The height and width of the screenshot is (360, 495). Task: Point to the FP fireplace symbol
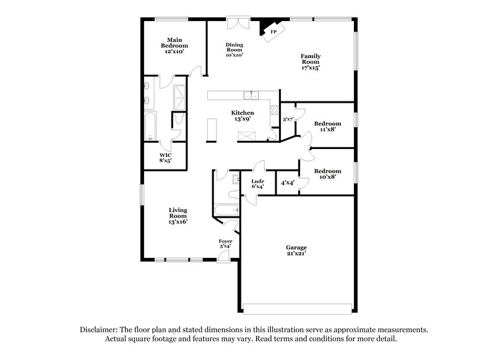(273, 32)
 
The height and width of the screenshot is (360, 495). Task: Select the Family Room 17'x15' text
(310, 61)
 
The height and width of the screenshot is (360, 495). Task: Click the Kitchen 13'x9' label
(243, 116)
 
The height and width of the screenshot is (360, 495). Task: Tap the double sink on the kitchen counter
(251, 95)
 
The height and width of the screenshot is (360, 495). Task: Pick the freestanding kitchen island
(212, 129)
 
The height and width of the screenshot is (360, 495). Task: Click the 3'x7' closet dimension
(287, 119)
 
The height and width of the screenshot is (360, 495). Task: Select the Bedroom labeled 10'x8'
(327, 174)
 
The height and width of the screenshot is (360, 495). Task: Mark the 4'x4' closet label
(287, 183)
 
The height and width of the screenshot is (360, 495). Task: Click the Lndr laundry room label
(257, 184)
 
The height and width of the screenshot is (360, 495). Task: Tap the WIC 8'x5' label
(165, 158)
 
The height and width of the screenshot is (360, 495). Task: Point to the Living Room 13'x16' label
(178, 215)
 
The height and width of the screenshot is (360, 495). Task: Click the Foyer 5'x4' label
(225, 244)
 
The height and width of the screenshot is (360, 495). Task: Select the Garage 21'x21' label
(296, 251)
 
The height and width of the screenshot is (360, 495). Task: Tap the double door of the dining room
(236, 23)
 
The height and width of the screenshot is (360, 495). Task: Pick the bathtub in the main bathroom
(150, 127)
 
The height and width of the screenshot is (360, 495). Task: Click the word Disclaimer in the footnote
(100, 330)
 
